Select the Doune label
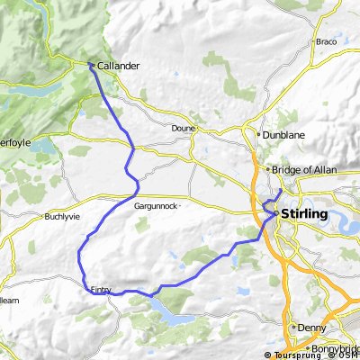tap(183, 128)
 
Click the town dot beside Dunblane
tap(258, 135)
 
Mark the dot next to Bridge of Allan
tap(268, 169)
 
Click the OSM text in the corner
tap(350, 355)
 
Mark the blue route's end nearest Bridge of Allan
tap(282, 191)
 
